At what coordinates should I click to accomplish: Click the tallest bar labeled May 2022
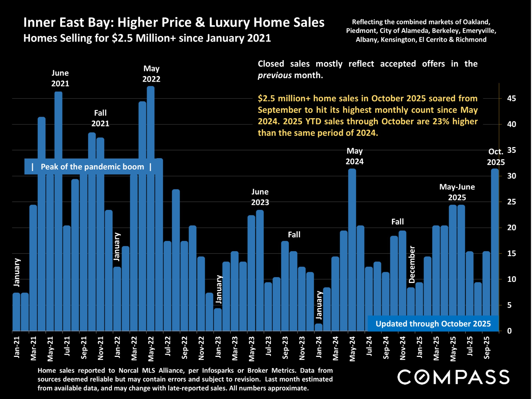click(x=151, y=207)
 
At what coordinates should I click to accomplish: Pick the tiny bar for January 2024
click(x=318, y=327)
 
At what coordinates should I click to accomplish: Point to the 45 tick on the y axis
click(x=511, y=99)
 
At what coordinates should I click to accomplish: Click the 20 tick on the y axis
click(x=511, y=228)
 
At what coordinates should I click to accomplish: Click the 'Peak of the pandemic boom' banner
click(x=92, y=167)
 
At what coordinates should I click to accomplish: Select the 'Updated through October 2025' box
click(x=433, y=324)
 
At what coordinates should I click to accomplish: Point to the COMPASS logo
click(x=453, y=377)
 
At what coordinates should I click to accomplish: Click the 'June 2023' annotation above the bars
click(x=260, y=197)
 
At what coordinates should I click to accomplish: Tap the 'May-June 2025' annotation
click(x=457, y=192)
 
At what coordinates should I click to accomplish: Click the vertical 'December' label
click(x=412, y=265)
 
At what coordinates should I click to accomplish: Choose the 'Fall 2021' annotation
click(x=100, y=118)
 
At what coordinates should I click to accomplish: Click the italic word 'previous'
click(x=275, y=75)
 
